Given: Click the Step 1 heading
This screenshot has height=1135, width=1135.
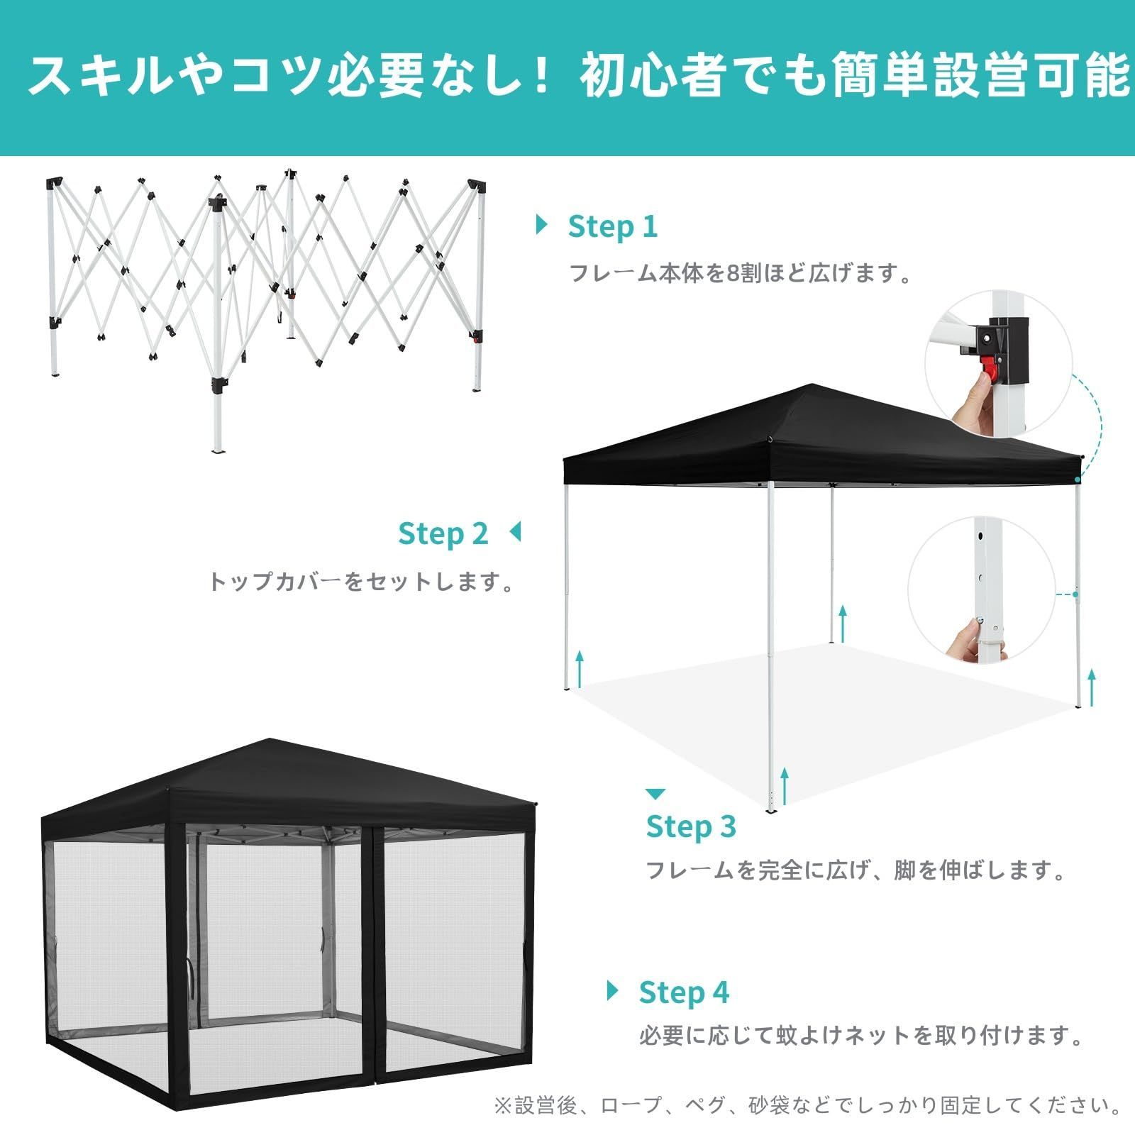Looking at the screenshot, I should point(612,227).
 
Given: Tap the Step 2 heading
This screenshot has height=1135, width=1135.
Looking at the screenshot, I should point(443,533).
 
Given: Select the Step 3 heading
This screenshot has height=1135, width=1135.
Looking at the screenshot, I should point(690,826).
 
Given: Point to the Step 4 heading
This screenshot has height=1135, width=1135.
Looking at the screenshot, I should point(683,992).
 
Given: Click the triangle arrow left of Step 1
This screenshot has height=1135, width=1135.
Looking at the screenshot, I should point(542,225).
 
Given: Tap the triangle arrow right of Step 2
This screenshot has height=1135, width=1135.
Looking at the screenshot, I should point(515,531).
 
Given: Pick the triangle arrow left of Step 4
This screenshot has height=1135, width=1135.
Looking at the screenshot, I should point(613,990).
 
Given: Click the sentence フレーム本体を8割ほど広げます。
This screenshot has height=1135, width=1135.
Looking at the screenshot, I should point(741,273).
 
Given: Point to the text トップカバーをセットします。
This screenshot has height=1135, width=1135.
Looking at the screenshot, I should point(362,582).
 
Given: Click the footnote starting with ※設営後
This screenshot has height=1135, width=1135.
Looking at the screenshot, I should point(808,1105).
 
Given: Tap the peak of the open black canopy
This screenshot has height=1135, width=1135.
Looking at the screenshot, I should point(813,386).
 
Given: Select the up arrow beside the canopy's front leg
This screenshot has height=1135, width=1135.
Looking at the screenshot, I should point(785,785).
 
